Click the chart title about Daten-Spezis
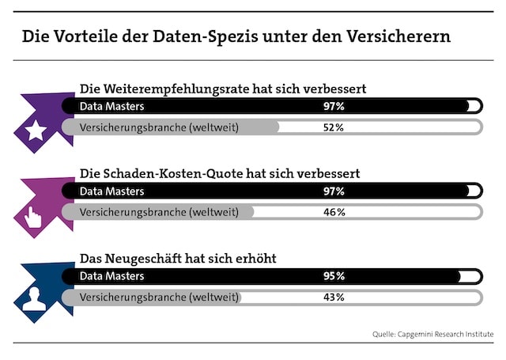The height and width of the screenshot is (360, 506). pos(236,36)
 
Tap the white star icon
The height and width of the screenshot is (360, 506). pos(36,131)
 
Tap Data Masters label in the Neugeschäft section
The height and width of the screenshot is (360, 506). pos(112,276)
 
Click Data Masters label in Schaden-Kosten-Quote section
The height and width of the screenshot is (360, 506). pos(112,191)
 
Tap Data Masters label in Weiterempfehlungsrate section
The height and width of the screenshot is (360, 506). pos(112,106)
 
